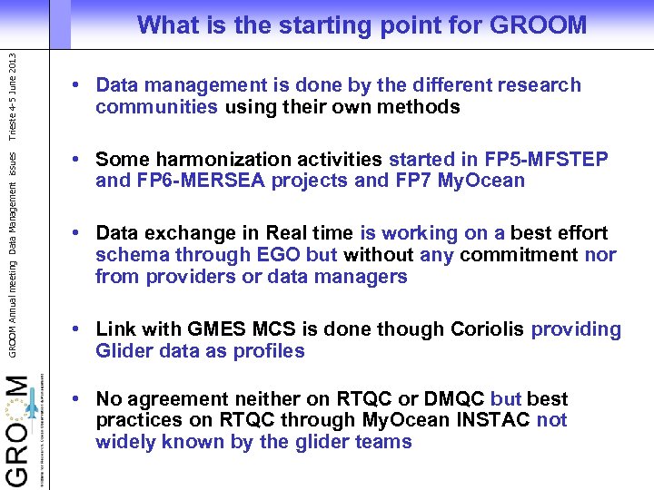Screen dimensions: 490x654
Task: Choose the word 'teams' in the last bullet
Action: (384, 442)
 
